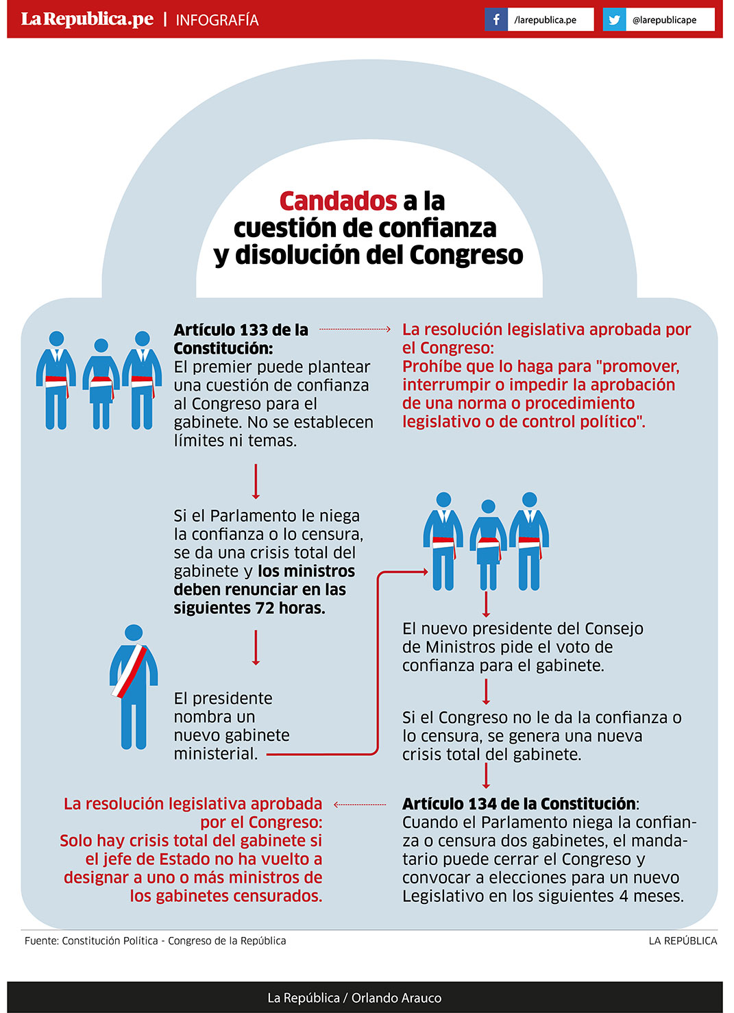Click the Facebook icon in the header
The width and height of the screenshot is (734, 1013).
coord(496,20)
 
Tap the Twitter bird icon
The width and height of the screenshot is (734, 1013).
coord(614,20)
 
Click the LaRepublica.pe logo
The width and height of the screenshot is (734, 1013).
coord(87,19)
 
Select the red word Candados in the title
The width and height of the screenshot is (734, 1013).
coord(338,202)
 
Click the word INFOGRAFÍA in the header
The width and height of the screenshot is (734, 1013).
coord(217,21)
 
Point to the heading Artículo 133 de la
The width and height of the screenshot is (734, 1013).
coord(241,330)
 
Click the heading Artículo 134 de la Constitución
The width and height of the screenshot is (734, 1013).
coord(519,804)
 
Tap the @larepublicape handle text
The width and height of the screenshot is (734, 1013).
coord(664,20)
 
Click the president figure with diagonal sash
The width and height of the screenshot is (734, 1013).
coord(134,685)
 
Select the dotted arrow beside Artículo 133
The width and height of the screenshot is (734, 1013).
coord(354,329)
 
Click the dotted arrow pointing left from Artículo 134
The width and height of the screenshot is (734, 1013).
coord(360,805)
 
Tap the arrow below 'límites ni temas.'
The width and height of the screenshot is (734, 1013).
coord(256,481)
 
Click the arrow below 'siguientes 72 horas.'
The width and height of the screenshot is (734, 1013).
coord(256,648)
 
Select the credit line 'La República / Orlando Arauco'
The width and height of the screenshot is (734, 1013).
coord(354,998)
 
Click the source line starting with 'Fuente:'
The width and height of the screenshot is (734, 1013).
coord(156,941)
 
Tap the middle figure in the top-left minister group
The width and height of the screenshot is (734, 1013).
coord(101,384)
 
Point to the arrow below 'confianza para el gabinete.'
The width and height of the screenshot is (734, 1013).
coord(486,692)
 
